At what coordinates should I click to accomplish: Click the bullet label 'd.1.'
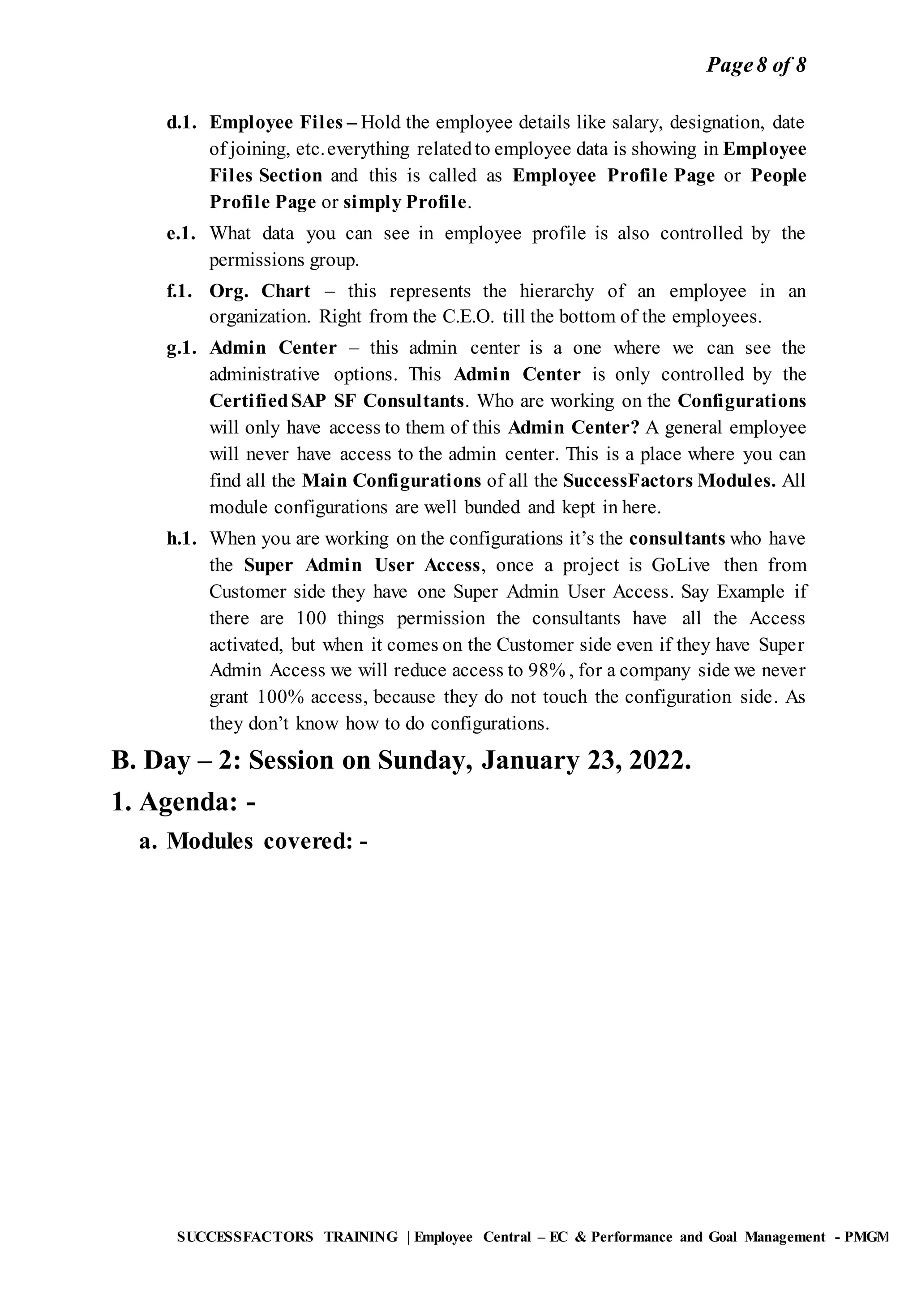click(181, 123)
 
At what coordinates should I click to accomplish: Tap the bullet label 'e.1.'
click(181, 233)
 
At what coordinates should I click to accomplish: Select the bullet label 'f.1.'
click(180, 292)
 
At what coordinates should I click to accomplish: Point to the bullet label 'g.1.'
click(181, 348)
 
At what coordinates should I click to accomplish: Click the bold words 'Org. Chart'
click(260, 292)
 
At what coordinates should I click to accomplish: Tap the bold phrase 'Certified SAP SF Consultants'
click(337, 401)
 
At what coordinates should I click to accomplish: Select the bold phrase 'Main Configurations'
click(391, 481)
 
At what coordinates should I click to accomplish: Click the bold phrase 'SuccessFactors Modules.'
click(669, 481)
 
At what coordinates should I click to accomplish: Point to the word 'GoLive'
click(681, 566)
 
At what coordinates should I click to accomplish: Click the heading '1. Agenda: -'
click(183, 802)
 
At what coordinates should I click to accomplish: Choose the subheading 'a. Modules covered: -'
click(253, 842)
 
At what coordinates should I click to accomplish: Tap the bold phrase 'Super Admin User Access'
click(362, 566)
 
